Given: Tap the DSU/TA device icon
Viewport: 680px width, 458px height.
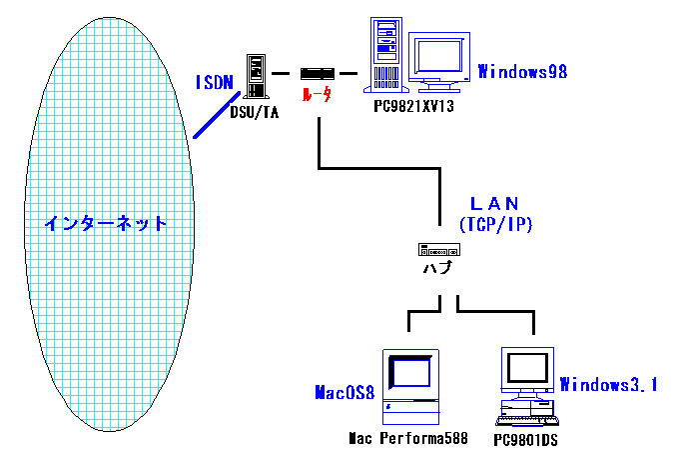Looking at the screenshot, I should [x=259, y=74].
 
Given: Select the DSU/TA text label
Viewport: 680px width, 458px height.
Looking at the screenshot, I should [x=254, y=112].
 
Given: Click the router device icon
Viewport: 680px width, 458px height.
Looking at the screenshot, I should [x=316, y=73].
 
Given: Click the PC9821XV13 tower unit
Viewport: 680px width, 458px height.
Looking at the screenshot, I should [x=383, y=56].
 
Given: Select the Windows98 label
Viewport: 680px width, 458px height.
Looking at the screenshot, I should [x=522, y=71].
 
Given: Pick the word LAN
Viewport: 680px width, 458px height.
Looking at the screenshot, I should [x=496, y=204].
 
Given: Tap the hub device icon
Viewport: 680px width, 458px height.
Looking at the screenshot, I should [x=440, y=249].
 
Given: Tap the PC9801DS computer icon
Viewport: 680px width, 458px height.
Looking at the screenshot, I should [x=526, y=385].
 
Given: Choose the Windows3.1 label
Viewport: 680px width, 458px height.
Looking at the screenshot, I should [x=607, y=384].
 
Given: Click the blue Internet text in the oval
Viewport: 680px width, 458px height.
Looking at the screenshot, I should [x=104, y=222].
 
